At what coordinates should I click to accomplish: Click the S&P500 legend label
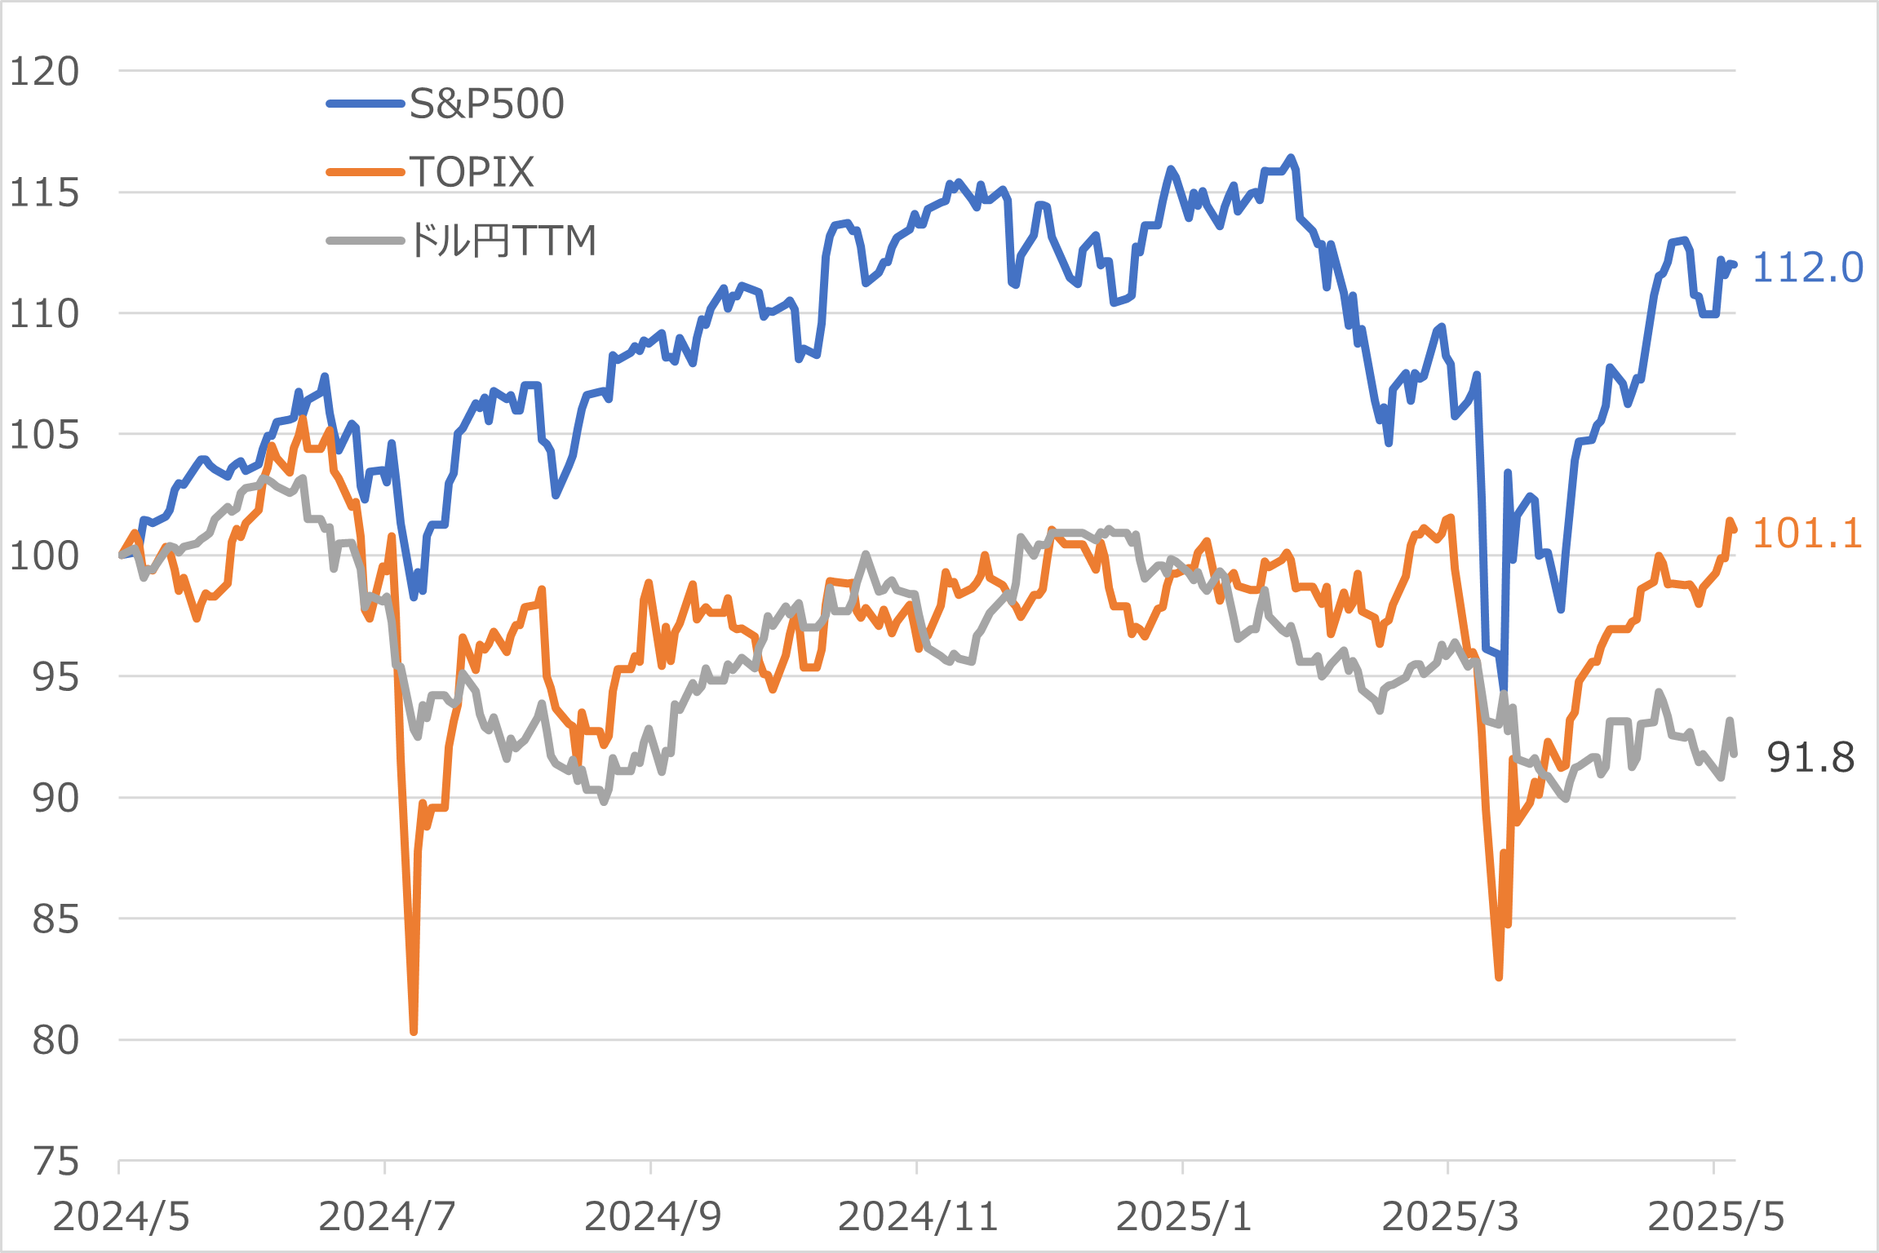[486, 104]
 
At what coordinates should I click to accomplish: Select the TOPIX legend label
[472, 172]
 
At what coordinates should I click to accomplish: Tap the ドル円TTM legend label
[503, 241]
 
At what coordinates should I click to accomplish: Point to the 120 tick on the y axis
[44, 72]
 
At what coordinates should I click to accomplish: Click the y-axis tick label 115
[44, 193]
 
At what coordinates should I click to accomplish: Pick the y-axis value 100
[44, 556]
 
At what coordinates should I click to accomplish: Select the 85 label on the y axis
[55, 919]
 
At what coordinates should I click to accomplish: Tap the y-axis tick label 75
[55, 1162]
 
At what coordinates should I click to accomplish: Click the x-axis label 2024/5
[121, 1217]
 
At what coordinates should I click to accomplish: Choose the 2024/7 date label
[386, 1217]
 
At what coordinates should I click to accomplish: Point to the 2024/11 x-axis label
[918, 1217]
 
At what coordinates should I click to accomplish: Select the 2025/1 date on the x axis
[1183, 1217]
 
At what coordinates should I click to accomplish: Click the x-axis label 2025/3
[1449, 1217]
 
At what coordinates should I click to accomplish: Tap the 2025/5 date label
[1715, 1217]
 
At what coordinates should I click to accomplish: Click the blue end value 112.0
[1807, 268]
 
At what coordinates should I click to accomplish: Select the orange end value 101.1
[1806, 534]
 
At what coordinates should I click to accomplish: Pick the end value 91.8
[1810, 758]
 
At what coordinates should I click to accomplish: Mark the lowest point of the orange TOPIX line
[414, 1032]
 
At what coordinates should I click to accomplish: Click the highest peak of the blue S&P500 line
[1291, 157]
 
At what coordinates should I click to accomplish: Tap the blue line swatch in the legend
[365, 104]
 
